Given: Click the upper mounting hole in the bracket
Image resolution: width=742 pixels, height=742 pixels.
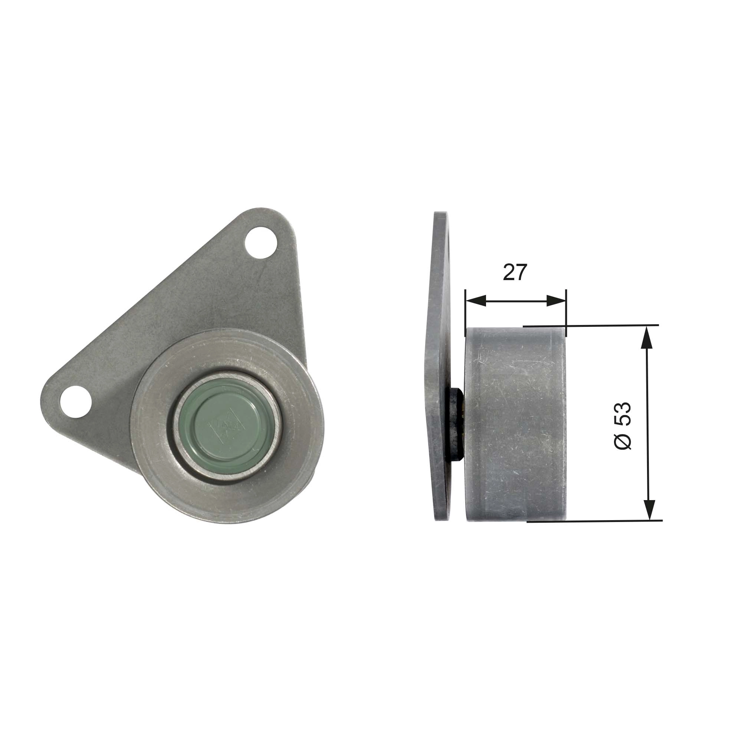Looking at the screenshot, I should pos(261,243).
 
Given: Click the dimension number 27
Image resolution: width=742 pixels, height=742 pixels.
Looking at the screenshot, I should pos(515,272).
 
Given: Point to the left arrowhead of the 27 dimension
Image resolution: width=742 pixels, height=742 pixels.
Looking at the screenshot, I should pos(475,301).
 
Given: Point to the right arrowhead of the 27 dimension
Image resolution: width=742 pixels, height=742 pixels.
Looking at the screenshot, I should pos(556,301).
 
